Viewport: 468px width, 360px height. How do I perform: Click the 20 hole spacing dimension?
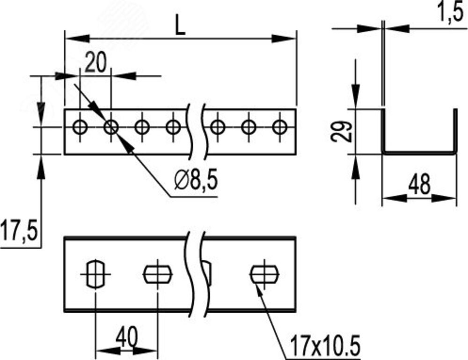pos(95,62)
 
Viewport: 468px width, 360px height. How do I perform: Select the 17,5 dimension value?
pos(19,230)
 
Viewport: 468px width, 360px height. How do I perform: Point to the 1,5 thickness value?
pos(452,12)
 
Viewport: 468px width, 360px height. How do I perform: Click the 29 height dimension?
pos(342,131)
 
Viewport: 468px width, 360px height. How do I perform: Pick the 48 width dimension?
pos(420,184)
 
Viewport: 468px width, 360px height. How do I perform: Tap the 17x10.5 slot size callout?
pos(325,345)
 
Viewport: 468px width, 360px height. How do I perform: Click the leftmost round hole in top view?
pos(80,127)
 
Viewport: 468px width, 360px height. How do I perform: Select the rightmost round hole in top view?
pos(280,127)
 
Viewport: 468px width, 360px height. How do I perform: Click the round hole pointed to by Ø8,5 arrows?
pos(111,127)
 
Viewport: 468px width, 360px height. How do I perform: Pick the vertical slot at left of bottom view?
pos(95,274)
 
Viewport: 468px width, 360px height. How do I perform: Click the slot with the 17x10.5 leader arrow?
pos(264,274)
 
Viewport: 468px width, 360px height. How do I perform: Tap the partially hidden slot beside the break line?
pos(208,274)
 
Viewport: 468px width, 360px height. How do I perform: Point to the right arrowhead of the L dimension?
pos(284,38)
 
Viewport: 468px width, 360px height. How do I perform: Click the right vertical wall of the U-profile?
pos(455,132)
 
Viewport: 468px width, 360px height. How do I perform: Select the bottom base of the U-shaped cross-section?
pos(419,153)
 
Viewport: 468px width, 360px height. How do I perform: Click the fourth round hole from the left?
pos(173,127)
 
